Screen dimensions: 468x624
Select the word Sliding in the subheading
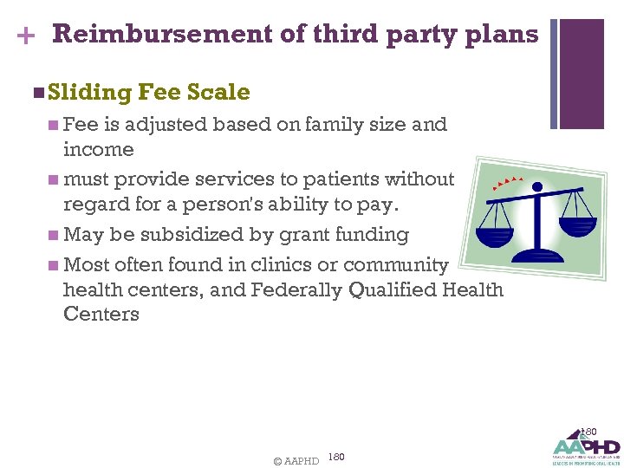click(90, 93)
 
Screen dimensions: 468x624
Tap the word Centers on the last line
click(101, 314)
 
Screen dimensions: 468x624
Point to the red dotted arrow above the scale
click(508, 181)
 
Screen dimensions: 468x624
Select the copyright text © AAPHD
click(296, 460)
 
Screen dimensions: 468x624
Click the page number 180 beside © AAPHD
click(338, 456)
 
